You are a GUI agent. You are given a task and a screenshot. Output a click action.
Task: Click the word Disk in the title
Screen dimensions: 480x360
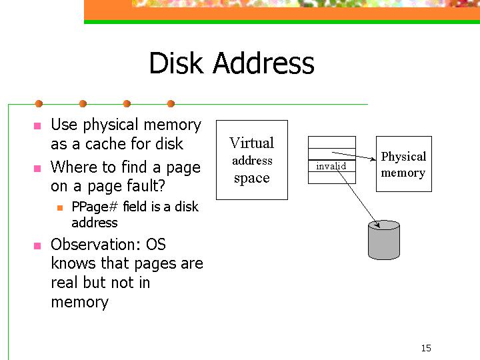pos(176,63)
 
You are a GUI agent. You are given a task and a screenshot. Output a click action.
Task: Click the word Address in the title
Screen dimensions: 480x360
pos(263,63)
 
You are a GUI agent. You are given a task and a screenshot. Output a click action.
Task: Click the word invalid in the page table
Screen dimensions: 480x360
pos(331,166)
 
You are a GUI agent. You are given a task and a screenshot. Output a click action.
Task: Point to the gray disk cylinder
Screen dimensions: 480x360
pos(384,240)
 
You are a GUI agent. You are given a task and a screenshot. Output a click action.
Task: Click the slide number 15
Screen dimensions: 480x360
pos(426,348)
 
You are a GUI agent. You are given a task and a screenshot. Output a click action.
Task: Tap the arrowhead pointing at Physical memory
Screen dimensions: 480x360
pos(373,159)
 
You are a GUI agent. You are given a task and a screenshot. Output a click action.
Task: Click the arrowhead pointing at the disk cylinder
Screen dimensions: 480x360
pos(378,225)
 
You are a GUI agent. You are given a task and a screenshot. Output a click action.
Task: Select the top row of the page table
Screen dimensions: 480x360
pos(332,143)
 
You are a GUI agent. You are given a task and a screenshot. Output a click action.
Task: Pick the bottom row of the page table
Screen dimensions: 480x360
pos(332,177)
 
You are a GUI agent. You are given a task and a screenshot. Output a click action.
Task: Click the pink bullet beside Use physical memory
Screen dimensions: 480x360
pos(37,126)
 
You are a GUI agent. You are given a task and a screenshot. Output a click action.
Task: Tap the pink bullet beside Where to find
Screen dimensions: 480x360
pos(37,169)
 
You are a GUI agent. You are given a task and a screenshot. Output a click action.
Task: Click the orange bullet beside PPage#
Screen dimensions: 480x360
pos(60,208)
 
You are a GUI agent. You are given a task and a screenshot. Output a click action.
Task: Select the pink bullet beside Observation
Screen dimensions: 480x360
pos(37,246)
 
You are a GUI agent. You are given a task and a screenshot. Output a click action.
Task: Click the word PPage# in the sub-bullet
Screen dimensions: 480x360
pos(95,207)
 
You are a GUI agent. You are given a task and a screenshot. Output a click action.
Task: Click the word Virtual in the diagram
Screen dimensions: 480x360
pos(252,143)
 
